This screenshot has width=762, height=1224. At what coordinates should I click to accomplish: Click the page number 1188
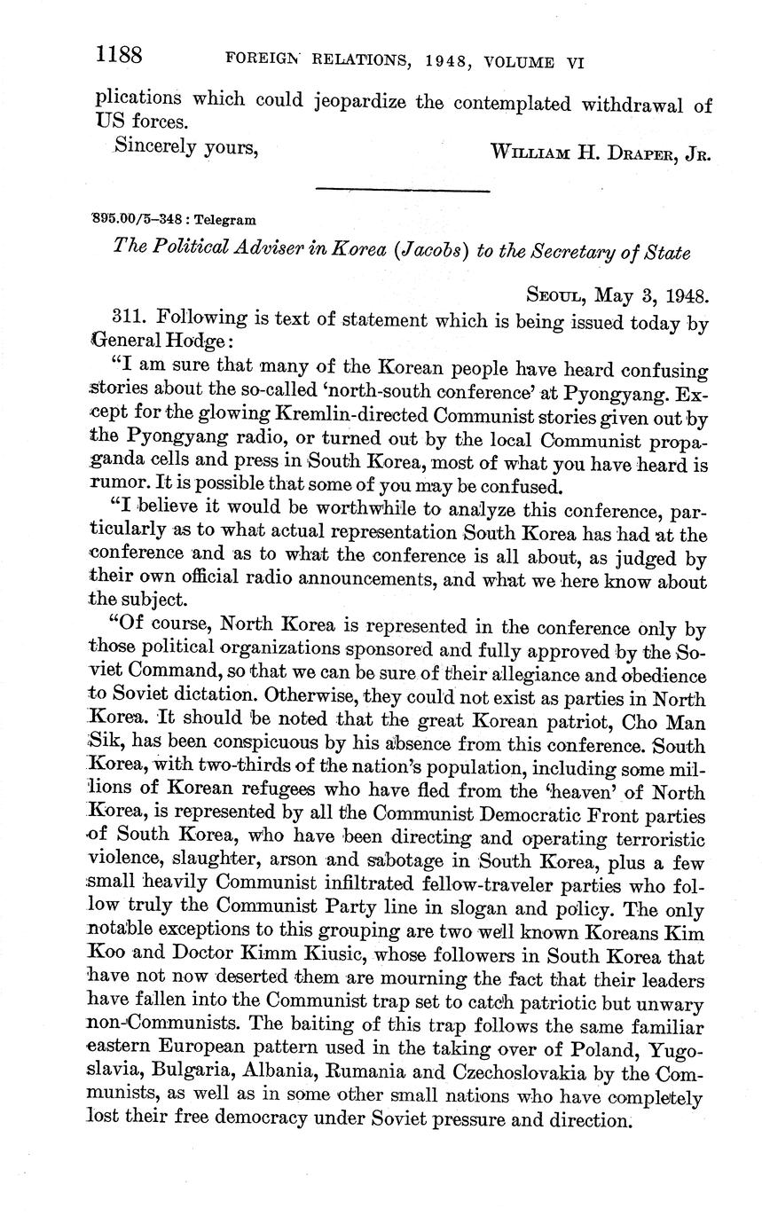click(119, 55)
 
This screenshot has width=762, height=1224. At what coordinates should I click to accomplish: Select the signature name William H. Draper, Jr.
click(601, 152)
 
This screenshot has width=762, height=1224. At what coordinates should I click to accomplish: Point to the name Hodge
click(203, 341)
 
